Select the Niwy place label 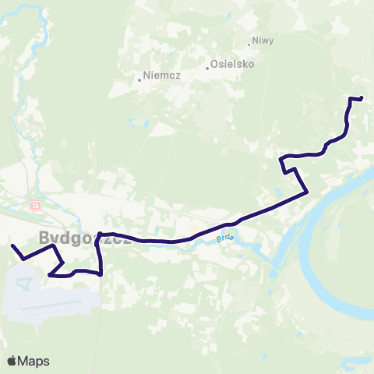(x=263, y=41)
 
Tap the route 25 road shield (x=36, y=205)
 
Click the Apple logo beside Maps (x=12, y=361)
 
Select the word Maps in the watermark (x=34, y=361)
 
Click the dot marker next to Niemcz (x=139, y=79)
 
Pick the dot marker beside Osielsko (x=207, y=68)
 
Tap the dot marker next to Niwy (x=252, y=43)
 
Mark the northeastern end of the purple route (x=362, y=97)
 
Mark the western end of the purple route (x=12, y=246)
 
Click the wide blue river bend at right (x=343, y=257)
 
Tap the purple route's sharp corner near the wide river (x=309, y=192)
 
